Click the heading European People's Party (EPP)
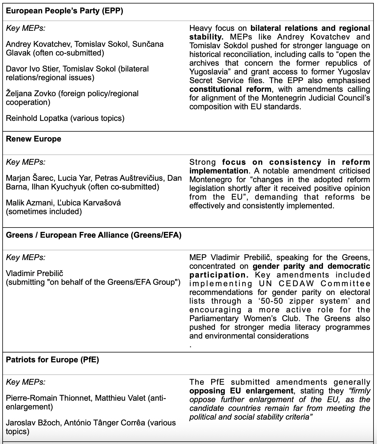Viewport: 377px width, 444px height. point(64,11)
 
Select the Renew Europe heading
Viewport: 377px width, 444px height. point(33,139)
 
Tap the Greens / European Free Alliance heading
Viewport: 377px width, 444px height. point(93,235)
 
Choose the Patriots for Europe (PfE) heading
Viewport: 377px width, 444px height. point(52,360)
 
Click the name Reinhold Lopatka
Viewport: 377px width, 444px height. point(37,118)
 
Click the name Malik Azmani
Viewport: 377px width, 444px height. point(29,203)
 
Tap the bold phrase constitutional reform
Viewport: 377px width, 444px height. point(230,89)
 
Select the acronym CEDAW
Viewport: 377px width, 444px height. point(296,284)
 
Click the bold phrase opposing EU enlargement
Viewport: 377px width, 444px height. point(241,391)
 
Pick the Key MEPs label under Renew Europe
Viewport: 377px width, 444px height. point(26,162)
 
